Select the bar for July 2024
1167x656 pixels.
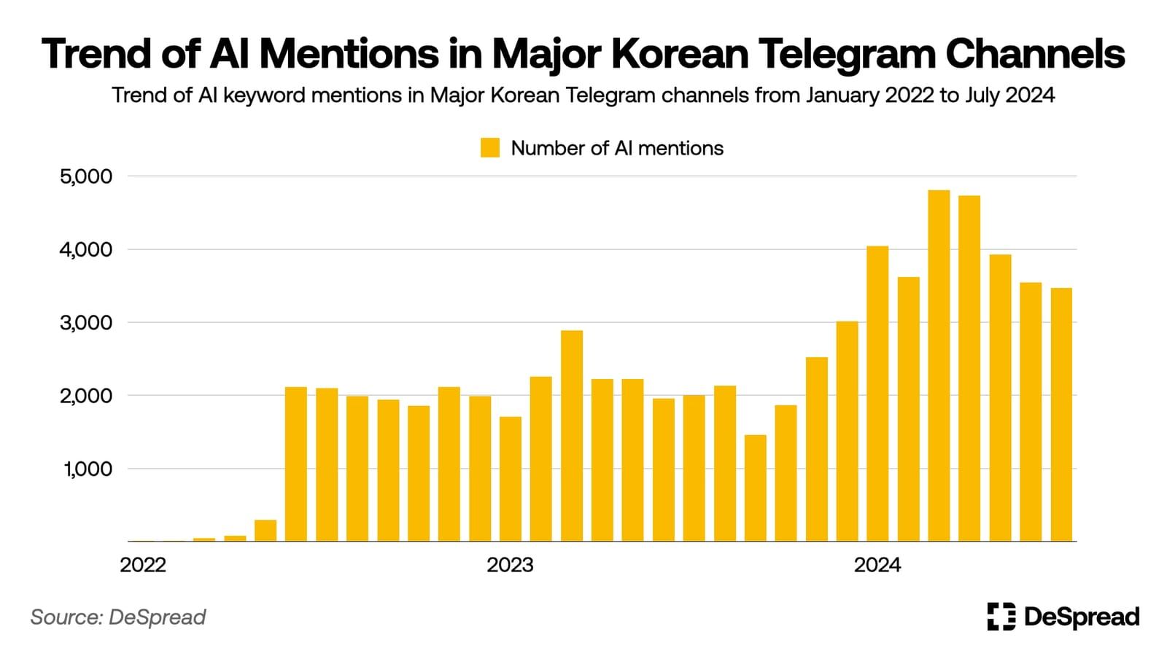pos(1061,415)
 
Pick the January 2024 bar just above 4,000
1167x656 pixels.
pos(877,394)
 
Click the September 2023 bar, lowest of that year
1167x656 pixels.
pos(755,488)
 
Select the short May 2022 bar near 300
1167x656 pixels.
pos(265,530)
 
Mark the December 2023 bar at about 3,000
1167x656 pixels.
pos(847,431)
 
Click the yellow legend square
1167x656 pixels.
pos(490,148)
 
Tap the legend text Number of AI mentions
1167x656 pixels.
pos(617,148)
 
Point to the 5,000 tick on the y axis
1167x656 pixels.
pos(86,176)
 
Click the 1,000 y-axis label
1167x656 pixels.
pos(88,469)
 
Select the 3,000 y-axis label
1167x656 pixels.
pos(86,322)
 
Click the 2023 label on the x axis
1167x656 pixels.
pos(510,565)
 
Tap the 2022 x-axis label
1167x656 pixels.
pos(143,565)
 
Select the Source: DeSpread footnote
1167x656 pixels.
pos(118,617)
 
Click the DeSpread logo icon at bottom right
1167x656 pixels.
pos(1001,617)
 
